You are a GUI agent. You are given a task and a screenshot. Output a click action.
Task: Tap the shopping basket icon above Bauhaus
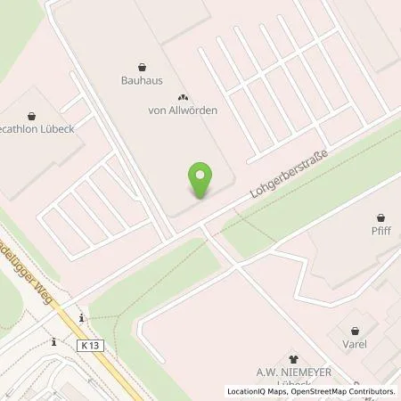coord(142,65)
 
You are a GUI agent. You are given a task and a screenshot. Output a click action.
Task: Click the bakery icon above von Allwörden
coord(183,97)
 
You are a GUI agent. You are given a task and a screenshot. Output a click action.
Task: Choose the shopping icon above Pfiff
coord(381,217)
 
